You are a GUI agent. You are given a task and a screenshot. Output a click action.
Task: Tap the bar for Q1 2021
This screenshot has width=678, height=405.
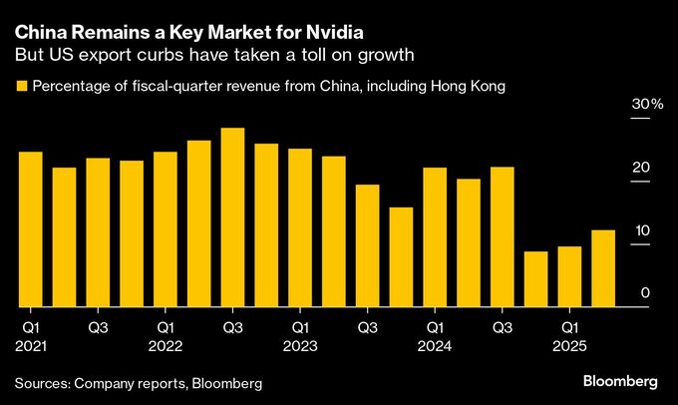pyautogui.click(x=31, y=229)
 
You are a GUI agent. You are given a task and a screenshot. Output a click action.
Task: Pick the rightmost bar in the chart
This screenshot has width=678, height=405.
pyautogui.click(x=603, y=268)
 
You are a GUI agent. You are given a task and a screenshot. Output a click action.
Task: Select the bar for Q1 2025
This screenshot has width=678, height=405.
pyautogui.click(x=569, y=276)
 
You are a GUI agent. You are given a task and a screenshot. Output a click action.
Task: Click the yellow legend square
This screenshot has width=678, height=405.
pyautogui.click(x=20, y=87)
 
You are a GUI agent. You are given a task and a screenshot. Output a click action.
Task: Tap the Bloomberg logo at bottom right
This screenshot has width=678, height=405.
pyautogui.click(x=620, y=382)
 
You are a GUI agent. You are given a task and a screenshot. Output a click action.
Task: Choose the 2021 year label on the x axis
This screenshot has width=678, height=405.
pyautogui.click(x=31, y=345)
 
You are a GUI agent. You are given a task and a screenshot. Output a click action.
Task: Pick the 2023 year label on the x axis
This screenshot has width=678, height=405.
pyautogui.click(x=300, y=345)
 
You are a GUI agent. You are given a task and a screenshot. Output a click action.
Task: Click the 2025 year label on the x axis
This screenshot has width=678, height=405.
pyautogui.click(x=569, y=345)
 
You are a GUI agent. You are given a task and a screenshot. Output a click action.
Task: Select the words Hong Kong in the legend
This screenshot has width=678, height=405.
pyautogui.click(x=472, y=87)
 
